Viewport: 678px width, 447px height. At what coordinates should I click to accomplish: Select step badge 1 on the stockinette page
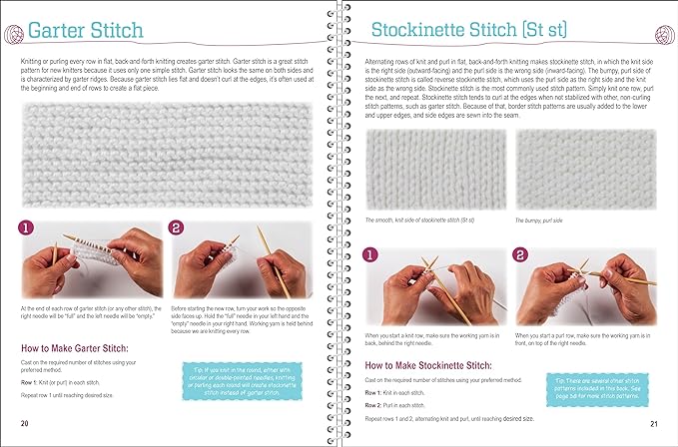[x=369, y=255]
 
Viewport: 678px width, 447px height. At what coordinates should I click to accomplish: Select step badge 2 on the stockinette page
[x=521, y=255]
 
